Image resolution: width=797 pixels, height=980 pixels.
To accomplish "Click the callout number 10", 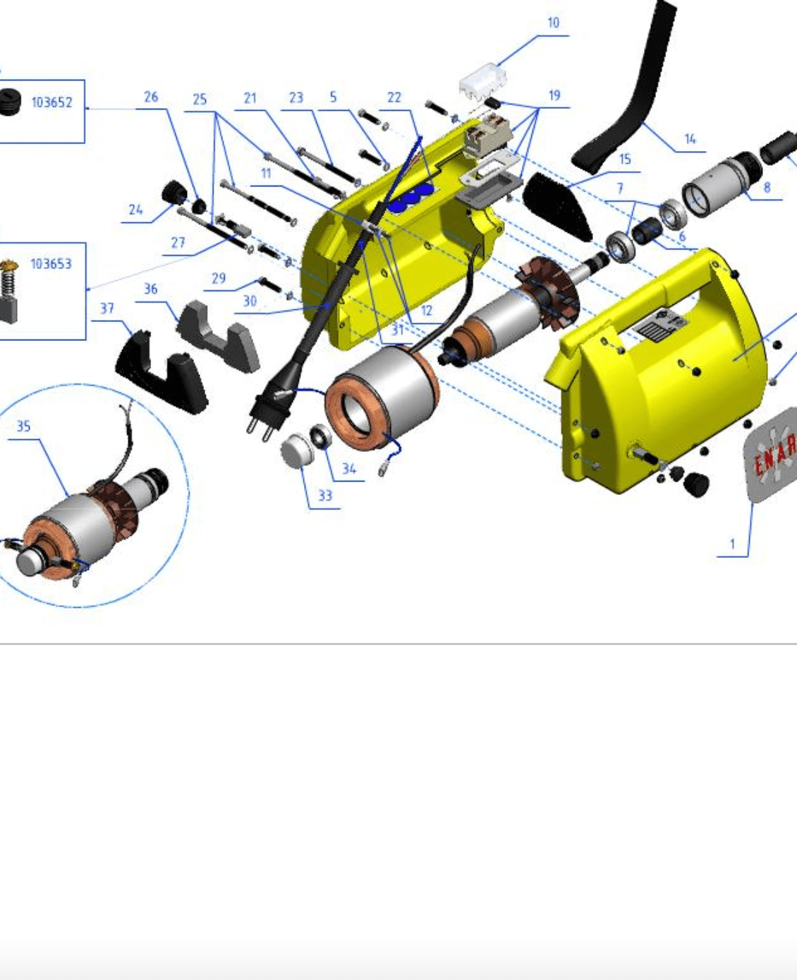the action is (x=554, y=23).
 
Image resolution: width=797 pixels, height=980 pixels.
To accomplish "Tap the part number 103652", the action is (x=52, y=102).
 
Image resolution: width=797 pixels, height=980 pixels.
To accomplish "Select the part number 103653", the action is (x=51, y=263).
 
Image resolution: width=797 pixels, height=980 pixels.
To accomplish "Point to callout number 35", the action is (x=23, y=426).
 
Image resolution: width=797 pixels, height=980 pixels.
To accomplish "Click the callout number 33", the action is (x=325, y=496).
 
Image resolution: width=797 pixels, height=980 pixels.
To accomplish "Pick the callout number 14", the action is (x=690, y=139).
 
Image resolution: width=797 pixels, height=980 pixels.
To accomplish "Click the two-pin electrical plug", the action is (x=268, y=411).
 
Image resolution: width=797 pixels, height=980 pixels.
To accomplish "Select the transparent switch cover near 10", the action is (x=482, y=81).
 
